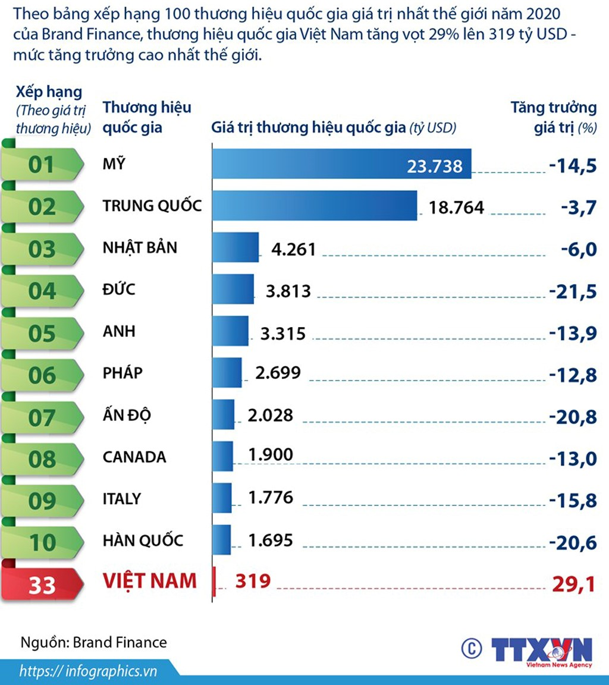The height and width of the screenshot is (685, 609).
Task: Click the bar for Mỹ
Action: tap(341, 164)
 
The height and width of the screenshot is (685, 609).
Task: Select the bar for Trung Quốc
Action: tap(315, 206)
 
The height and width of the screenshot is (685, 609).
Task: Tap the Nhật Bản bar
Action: tap(236, 247)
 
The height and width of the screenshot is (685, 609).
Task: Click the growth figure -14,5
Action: tap(572, 165)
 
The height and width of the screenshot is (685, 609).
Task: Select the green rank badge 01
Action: tap(42, 165)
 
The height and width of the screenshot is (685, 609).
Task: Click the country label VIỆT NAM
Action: tap(149, 580)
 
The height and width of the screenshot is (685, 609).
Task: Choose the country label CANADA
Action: tap(134, 457)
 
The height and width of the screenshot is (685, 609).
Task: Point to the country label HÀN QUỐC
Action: tap(143, 541)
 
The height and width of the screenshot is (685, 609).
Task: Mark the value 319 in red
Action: tap(253, 580)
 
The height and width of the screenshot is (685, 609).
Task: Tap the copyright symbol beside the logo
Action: tap(471, 648)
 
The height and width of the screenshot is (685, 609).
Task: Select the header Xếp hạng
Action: tap(49, 92)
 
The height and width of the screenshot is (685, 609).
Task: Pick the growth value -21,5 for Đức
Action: tap(572, 291)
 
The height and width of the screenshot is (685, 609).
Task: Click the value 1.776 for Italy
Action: tap(271, 498)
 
